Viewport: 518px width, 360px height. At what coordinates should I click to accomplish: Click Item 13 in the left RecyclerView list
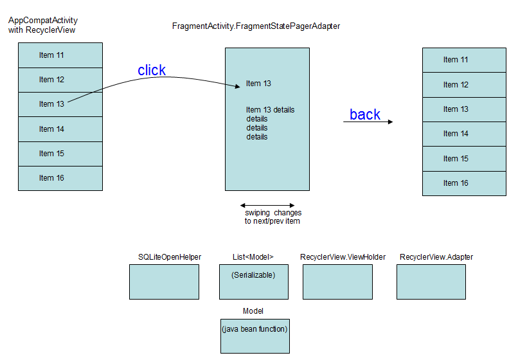click(51, 104)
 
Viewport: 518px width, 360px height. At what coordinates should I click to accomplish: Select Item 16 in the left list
click(51, 178)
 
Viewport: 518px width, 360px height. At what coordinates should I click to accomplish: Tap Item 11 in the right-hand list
click(456, 60)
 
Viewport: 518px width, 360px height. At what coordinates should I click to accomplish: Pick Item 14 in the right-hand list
click(456, 134)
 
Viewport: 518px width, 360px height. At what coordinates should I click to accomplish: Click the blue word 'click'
click(152, 71)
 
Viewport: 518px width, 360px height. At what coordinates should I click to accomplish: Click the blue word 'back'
click(365, 114)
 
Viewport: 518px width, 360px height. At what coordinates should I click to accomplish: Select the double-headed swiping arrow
click(267, 205)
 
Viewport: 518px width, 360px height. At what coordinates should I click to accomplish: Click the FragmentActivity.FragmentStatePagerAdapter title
click(256, 26)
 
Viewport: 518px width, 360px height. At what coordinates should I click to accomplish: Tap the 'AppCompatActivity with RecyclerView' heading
click(42, 26)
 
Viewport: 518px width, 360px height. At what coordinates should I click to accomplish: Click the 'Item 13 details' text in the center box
click(270, 110)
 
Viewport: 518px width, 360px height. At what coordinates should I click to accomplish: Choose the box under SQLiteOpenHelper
click(164, 282)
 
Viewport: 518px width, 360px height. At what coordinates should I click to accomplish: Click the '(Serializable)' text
click(253, 275)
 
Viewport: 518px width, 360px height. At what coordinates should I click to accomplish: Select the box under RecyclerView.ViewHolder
click(337, 282)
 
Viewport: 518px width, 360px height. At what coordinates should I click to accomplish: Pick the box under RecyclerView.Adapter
click(431, 282)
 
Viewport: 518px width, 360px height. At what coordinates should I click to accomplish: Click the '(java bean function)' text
click(255, 329)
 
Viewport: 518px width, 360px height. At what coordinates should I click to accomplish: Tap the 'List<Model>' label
click(253, 257)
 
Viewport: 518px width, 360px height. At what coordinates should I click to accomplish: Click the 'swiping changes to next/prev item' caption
click(272, 217)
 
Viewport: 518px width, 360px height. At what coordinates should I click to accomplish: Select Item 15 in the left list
click(51, 154)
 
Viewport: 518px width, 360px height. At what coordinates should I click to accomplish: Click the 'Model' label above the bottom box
click(253, 311)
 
